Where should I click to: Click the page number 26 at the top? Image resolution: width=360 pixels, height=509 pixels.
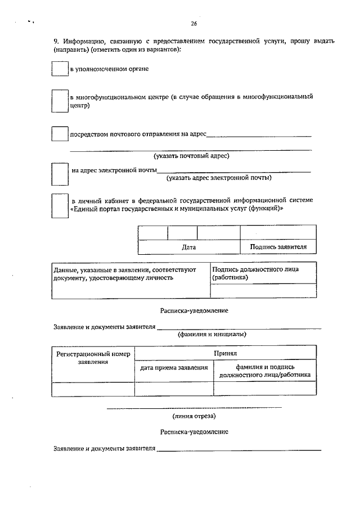click(x=193, y=24)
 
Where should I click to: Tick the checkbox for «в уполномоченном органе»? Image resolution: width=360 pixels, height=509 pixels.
click(x=60, y=68)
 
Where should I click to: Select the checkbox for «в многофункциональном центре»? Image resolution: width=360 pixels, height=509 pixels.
click(x=60, y=101)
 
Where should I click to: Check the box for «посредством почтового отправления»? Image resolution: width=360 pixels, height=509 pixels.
click(x=60, y=134)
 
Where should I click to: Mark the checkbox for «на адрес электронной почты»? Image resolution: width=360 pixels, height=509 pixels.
click(x=60, y=174)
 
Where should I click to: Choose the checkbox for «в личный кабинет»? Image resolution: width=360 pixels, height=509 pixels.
click(x=60, y=205)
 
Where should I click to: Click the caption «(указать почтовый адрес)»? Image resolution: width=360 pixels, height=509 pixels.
click(x=191, y=156)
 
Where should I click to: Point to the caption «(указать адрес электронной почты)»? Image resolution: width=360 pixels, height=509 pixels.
click(x=219, y=178)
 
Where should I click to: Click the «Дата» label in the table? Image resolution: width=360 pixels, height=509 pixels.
click(x=189, y=247)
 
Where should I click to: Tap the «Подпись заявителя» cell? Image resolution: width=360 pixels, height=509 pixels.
click(x=278, y=247)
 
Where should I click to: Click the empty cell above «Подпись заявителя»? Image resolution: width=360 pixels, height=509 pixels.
click(x=278, y=233)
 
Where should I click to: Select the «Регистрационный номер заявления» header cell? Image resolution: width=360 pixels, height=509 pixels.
click(x=93, y=358)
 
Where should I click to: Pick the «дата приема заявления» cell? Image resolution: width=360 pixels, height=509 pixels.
click(x=174, y=368)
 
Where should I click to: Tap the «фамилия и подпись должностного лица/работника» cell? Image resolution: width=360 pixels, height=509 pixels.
click(x=265, y=371)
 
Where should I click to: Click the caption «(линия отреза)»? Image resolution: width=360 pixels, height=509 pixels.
click(x=193, y=416)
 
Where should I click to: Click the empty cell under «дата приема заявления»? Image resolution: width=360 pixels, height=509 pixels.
click(x=174, y=389)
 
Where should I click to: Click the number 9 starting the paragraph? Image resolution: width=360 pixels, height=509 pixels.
click(x=56, y=41)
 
